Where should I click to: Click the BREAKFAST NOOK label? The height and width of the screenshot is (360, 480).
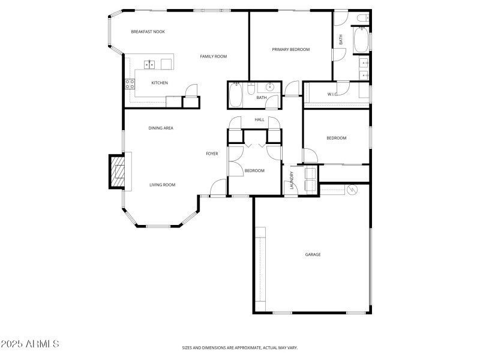point(148,32)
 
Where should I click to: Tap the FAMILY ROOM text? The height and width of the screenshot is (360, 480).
point(213,56)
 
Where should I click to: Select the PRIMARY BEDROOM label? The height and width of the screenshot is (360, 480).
point(290,50)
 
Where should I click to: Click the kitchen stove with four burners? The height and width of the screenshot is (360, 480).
point(129,84)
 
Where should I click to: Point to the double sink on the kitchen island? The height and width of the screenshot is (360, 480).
point(149,64)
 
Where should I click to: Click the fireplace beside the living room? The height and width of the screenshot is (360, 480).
point(117,172)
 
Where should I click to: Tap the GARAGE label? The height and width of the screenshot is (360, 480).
point(313,254)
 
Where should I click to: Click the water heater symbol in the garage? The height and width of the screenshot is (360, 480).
point(352,190)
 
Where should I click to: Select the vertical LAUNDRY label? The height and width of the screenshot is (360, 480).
point(292,181)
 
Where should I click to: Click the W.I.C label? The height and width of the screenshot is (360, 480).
point(332,94)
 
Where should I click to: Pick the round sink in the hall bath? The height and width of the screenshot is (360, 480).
point(271,87)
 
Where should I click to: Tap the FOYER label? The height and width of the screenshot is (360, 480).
point(212,154)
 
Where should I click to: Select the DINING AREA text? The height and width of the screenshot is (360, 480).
point(161,128)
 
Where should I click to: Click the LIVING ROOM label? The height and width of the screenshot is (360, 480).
point(162,185)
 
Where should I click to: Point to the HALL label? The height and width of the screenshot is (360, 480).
point(259,119)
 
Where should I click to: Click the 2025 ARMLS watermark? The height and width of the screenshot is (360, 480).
point(30,344)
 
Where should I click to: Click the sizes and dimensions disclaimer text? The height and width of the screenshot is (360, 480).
point(240,347)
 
